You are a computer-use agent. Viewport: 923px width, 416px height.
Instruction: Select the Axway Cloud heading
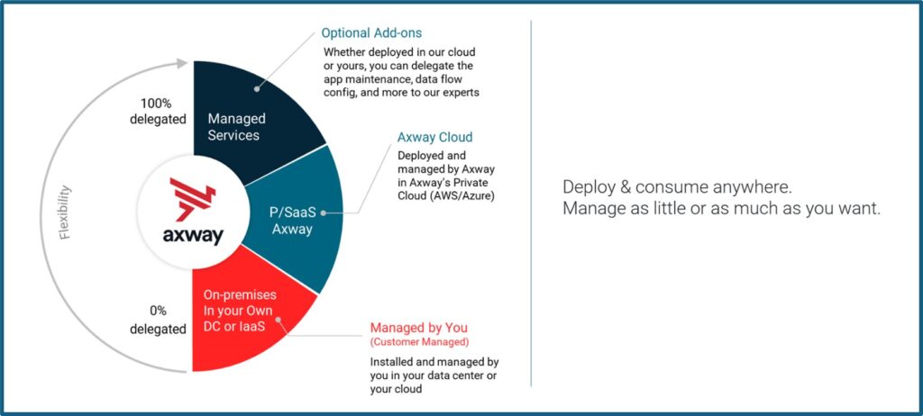(x=434, y=138)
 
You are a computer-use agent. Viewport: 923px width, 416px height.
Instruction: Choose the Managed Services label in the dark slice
(x=234, y=127)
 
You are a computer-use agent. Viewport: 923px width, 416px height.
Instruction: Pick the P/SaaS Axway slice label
(x=290, y=222)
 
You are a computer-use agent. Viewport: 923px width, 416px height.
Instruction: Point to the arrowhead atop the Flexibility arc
(x=184, y=63)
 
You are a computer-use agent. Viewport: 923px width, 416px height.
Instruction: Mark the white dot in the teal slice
(x=324, y=214)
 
